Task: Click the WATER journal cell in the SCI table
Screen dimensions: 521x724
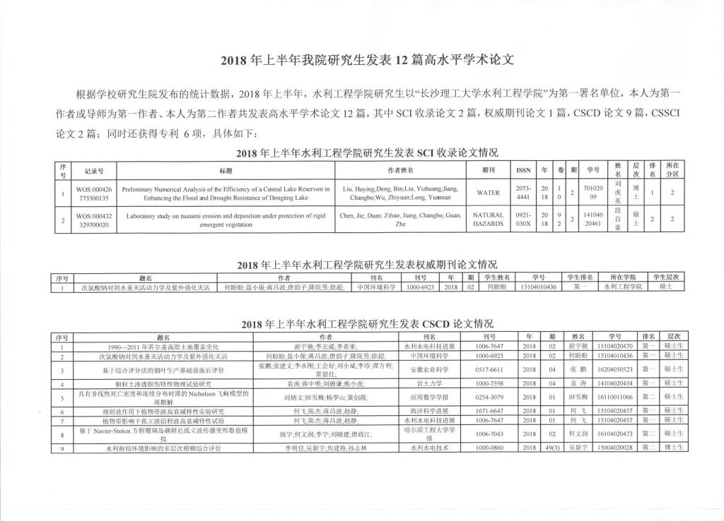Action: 488,192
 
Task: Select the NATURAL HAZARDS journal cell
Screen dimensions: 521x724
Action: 488,220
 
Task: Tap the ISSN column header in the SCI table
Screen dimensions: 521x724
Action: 524,170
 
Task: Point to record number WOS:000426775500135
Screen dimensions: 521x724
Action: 94,192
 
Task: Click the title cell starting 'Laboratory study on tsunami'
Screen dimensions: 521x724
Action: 226,220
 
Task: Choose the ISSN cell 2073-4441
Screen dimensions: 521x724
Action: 524,192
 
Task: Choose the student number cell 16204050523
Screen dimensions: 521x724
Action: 614,369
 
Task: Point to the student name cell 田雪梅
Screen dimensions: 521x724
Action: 578,397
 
